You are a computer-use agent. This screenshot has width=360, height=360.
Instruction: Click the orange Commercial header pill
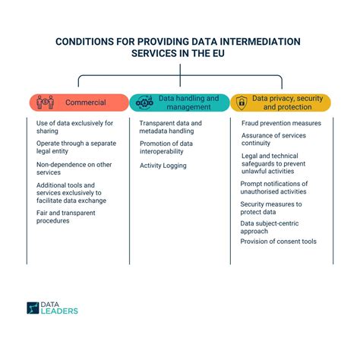(x=80, y=102)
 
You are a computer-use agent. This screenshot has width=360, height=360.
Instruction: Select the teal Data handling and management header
(x=179, y=102)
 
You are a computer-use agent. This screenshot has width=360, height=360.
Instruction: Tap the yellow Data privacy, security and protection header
(x=281, y=102)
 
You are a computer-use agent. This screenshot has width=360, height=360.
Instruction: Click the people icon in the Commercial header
(x=45, y=102)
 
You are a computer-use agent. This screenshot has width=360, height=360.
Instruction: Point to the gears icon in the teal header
(x=144, y=102)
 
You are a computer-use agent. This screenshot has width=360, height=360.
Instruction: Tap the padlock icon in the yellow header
(x=242, y=102)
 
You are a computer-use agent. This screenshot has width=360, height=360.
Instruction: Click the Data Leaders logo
(x=52, y=308)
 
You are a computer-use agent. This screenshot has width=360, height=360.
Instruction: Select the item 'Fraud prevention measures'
(x=281, y=123)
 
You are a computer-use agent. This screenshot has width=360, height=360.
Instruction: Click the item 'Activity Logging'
(x=163, y=165)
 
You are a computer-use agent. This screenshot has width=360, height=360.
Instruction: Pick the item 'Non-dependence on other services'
(x=73, y=168)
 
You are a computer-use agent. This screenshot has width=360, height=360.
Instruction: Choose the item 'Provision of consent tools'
(x=278, y=242)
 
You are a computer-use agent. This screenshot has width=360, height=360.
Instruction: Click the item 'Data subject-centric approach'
(x=271, y=228)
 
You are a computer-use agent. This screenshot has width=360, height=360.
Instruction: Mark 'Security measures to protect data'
(x=271, y=208)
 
